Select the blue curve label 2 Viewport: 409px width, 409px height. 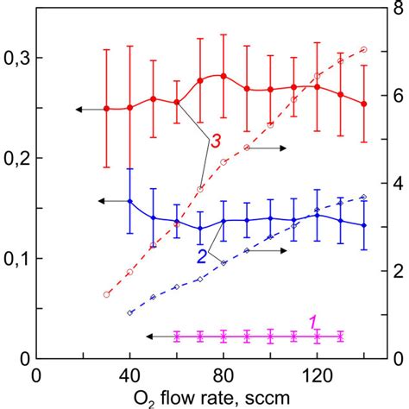(x=200, y=256)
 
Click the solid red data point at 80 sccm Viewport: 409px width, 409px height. (x=223, y=76)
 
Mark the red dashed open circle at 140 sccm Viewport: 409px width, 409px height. (x=363, y=50)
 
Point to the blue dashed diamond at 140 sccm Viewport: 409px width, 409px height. (x=363, y=198)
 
